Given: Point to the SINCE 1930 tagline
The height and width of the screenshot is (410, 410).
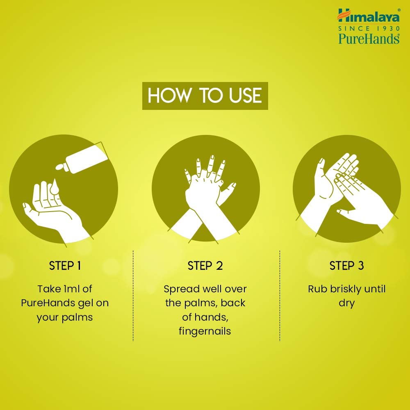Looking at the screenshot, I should pyautogui.click(x=368, y=28).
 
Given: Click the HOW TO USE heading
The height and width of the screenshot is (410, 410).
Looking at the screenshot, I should pyautogui.click(x=205, y=96).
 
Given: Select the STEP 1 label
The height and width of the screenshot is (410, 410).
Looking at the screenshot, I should pyautogui.click(x=65, y=266).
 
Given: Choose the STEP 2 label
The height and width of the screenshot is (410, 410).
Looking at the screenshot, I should pyautogui.click(x=205, y=266).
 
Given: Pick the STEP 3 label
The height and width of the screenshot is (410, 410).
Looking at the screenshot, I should pyautogui.click(x=346, y=266).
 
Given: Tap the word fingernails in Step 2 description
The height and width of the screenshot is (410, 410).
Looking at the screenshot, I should pyautogui.click(x=205, y=331).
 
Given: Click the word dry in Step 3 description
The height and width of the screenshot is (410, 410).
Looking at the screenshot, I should pyautogui.click(x=346, y=303).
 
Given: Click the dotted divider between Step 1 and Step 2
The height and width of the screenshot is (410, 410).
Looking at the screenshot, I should pyautogui.click(x=133, y=295).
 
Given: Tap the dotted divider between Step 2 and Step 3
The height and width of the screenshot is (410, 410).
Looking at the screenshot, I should pyautogui.click(x=280, y=295).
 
